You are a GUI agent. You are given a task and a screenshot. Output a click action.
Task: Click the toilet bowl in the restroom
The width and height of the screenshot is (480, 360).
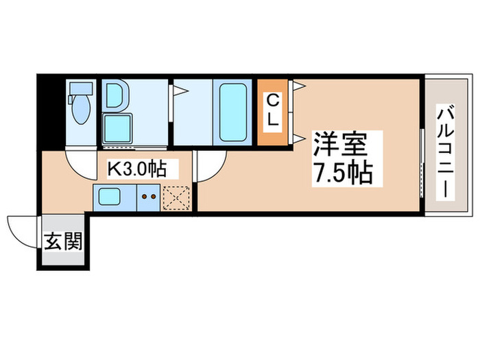pyautogui.click(x=77, y=110)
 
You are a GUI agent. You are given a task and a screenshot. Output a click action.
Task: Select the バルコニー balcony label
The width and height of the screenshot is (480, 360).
pyautogui.click(x=444, y=151)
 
